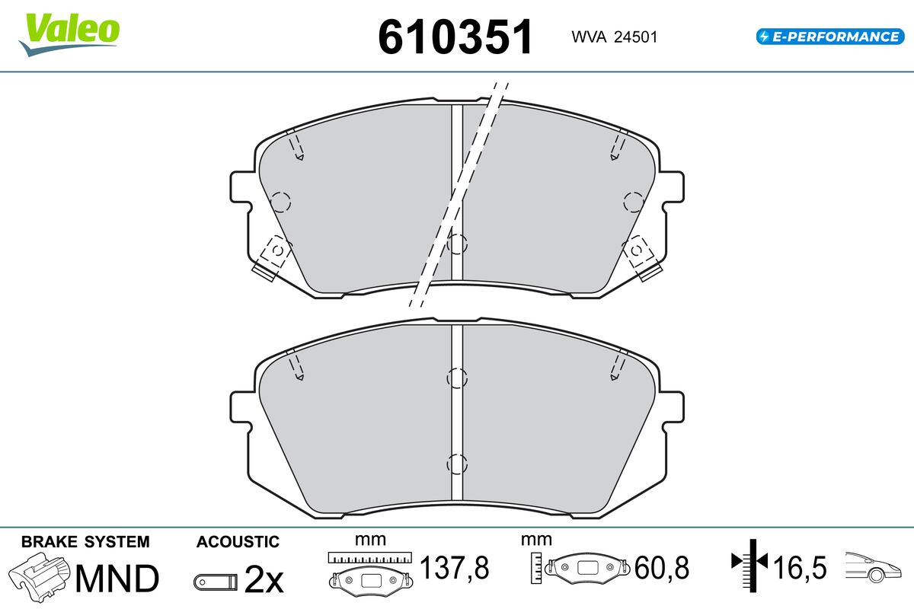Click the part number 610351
(455, 37)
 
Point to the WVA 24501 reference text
(615, 37)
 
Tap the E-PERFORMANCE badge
(830, 37)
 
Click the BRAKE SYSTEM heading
(85, 542)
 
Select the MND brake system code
(117, 579)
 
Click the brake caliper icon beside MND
(39, 577)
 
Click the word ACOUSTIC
(238, 542)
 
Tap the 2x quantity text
(264, 579)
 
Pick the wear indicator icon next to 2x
(216, 582)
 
